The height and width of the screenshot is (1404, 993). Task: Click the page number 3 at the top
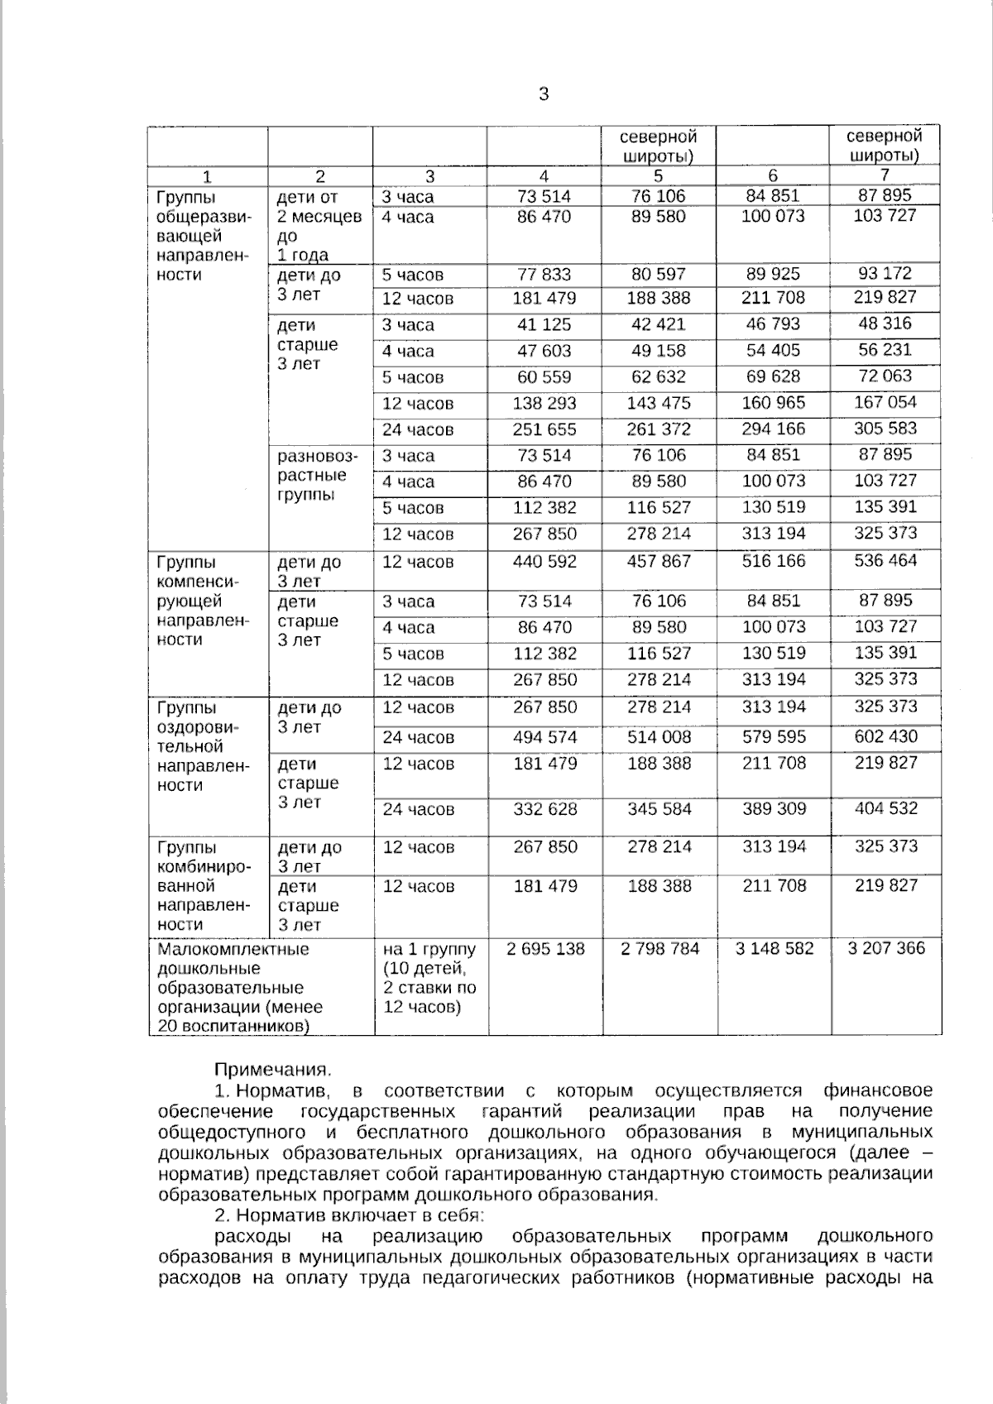[544, 94]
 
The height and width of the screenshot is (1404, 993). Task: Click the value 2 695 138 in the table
[545, 948]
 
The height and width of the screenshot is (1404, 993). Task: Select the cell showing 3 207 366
[886, 948]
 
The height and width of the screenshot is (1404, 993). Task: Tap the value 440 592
[545, 562]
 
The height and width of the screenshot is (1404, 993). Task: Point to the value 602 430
[886, 736]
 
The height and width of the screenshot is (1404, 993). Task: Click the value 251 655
[545, 429]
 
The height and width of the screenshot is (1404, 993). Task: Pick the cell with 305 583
[886, 429]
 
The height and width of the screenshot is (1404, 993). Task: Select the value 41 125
[545, 324]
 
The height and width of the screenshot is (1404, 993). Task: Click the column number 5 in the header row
[659, 175]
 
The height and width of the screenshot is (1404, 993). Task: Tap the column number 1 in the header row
[208, 176]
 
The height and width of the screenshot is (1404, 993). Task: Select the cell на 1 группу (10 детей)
[429, 978]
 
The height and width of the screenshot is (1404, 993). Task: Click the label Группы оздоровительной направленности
[203, 746]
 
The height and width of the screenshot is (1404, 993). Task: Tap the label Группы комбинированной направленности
[203, 886]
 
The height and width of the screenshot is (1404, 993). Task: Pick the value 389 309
[774, 808]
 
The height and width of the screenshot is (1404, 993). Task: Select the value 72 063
[886, 376]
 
